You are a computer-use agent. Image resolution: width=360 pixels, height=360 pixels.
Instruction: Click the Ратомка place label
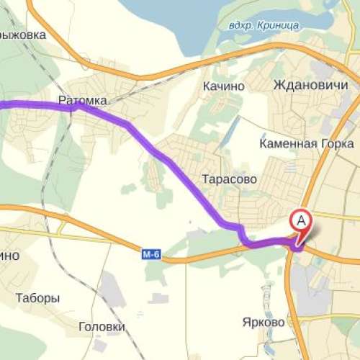coord(78,102)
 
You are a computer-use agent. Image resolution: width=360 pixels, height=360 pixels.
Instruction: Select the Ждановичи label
coord(306,85)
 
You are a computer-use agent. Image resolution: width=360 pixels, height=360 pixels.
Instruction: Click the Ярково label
coord(264,322)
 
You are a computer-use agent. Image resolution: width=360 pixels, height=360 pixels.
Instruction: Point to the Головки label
coord(102,326)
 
